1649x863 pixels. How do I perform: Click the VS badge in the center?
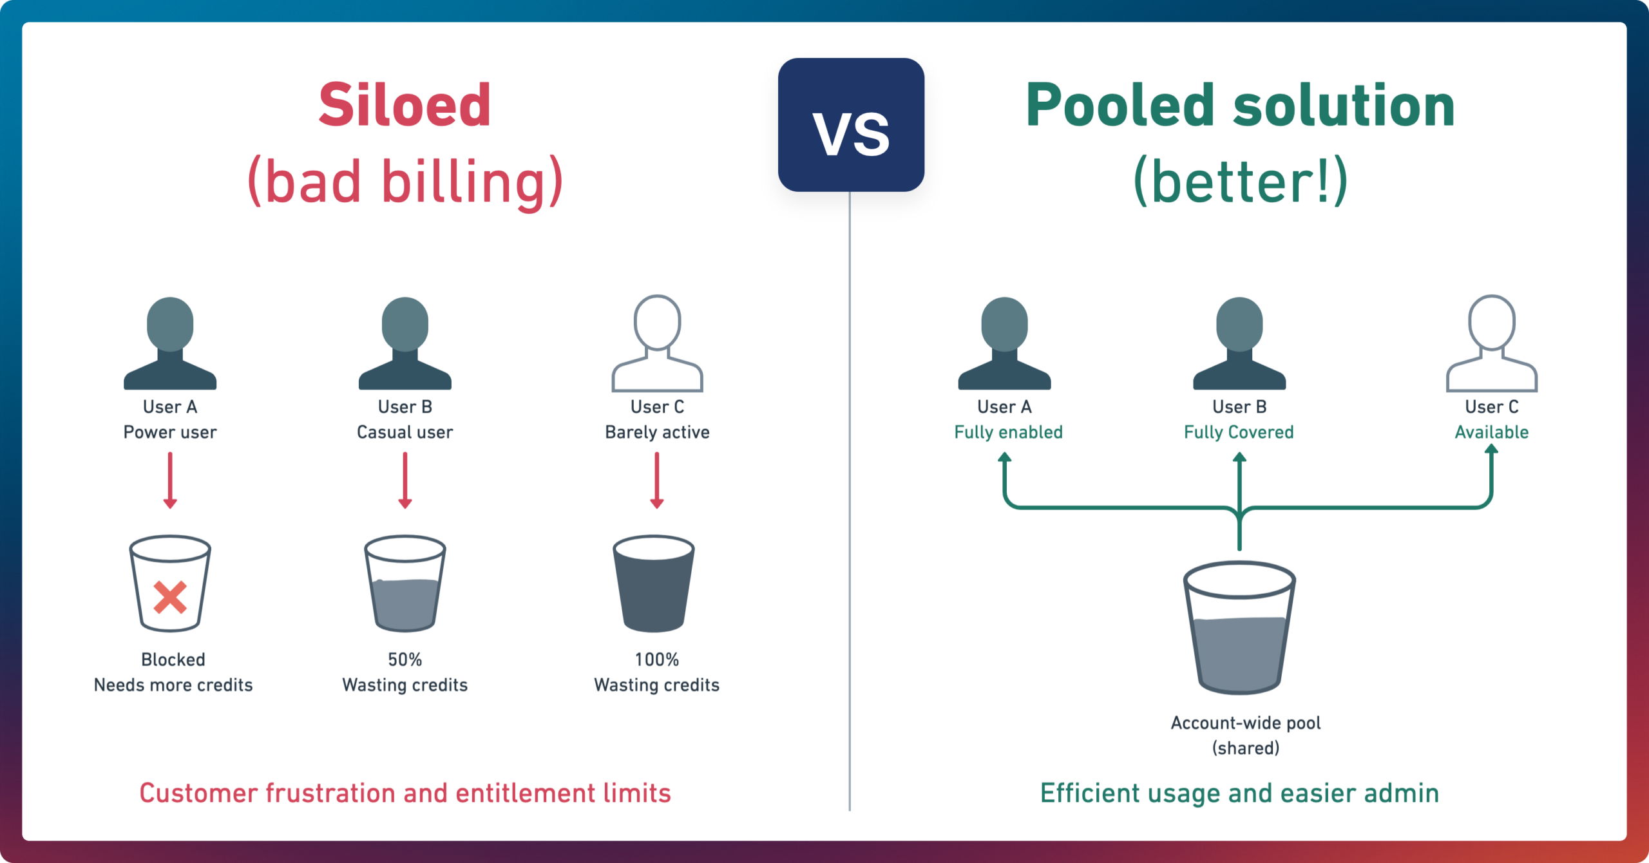851,125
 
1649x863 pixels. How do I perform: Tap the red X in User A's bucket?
170,597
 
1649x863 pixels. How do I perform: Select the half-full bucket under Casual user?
405,583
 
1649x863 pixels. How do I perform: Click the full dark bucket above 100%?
654,583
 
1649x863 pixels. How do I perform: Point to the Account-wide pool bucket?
1239,628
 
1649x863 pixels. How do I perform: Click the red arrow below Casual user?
405,480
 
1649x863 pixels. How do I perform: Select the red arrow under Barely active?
657,480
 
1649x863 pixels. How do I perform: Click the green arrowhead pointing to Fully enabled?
1005,458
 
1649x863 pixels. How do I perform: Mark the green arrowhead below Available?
1492,449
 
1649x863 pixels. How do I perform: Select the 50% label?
405,659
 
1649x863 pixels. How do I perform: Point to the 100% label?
657,659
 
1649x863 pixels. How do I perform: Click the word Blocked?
173,659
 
